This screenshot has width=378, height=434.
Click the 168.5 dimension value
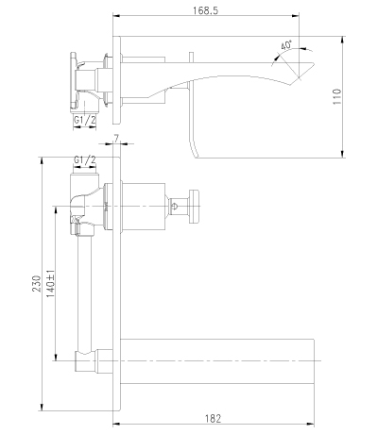(x=205, y=10)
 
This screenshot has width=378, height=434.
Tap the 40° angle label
(x=286, y=45)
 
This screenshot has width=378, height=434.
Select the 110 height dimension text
(x=336, y=96)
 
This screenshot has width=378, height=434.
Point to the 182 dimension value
(x=214, y=419)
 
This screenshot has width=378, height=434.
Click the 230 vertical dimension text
(x=37, y=283)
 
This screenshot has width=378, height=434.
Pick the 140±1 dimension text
(x=51, y=283)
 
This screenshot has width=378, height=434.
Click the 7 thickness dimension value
(x=117, y=139)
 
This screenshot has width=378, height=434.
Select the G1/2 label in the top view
(x=84, y=120)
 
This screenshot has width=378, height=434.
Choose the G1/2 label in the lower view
(x=84, y=160)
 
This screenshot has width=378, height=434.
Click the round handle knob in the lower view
(x=194, y=207)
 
